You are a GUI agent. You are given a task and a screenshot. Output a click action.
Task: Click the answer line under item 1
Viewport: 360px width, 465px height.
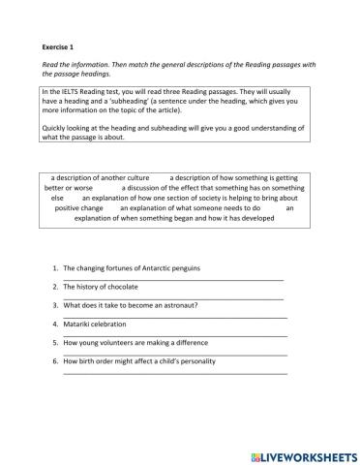click(174, 279)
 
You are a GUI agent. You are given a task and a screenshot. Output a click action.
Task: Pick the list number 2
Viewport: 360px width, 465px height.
click(54, 286)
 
